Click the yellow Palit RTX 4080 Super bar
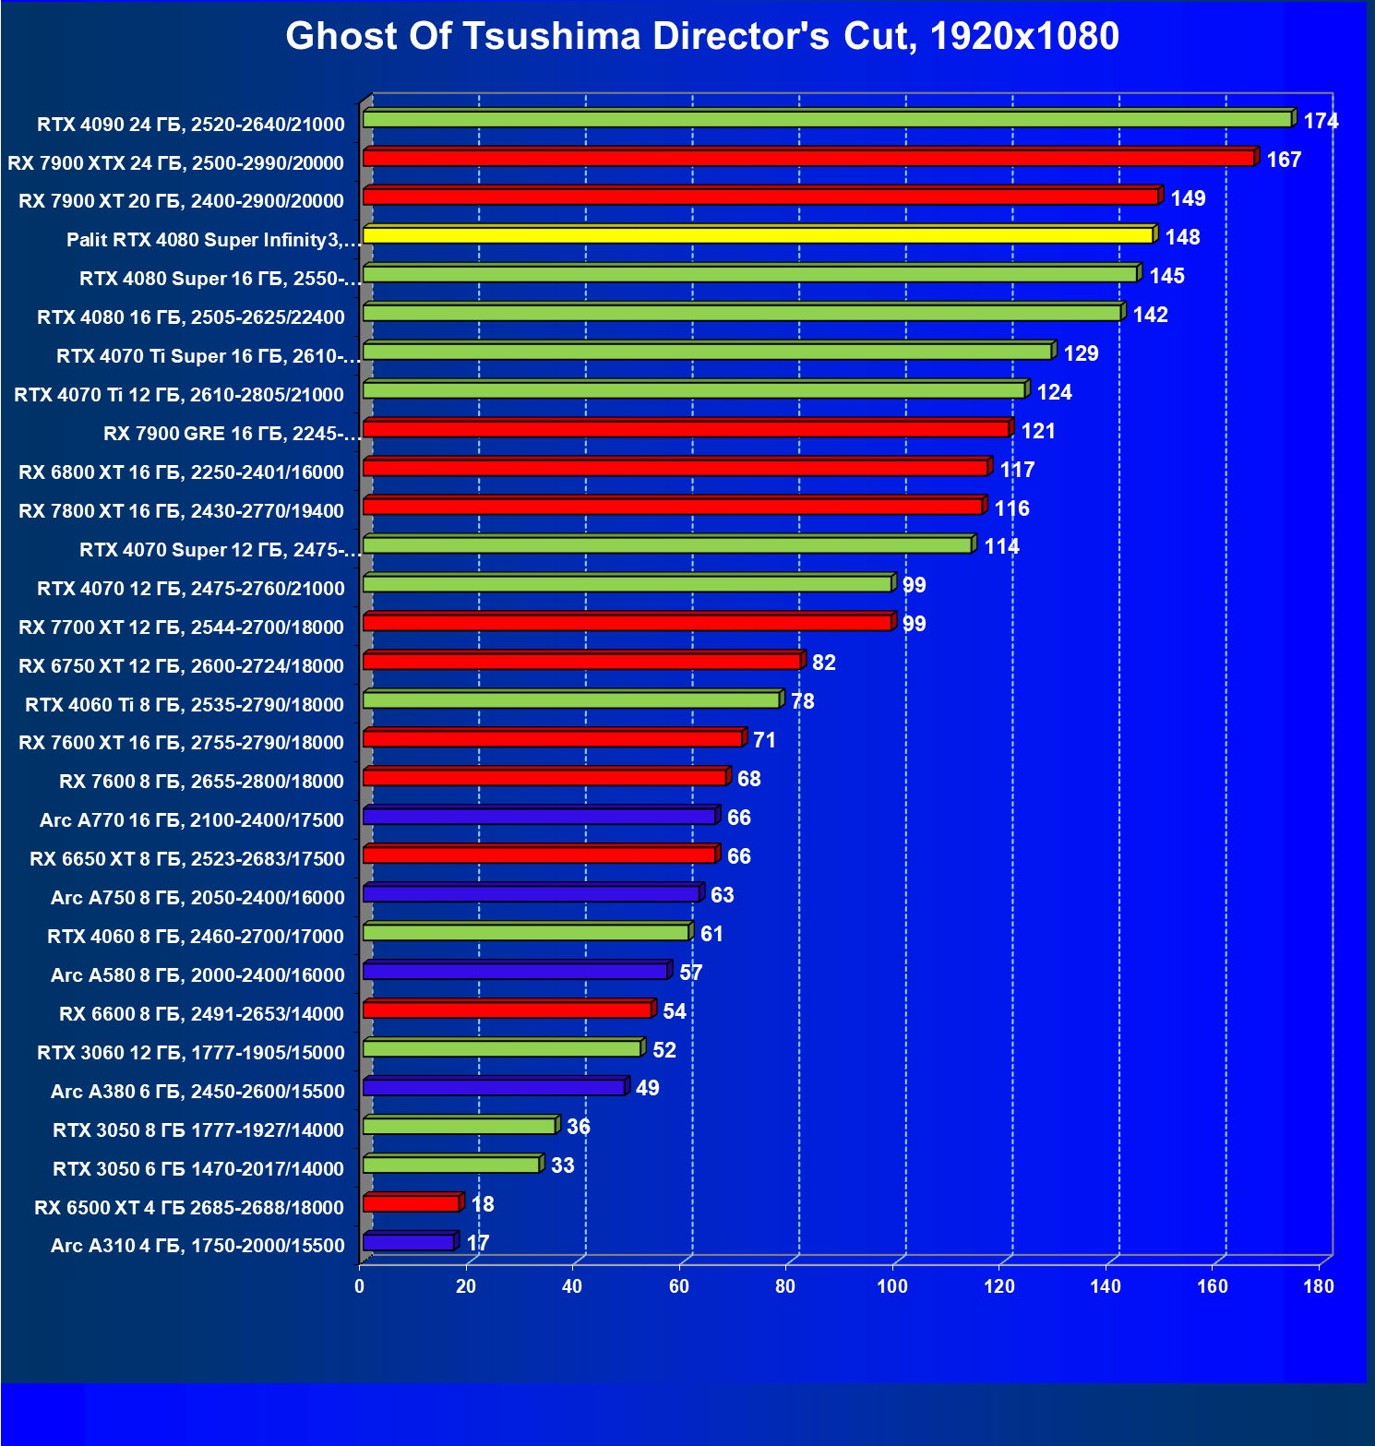click(x=757, y=236)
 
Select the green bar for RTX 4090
click(x=827, y=120)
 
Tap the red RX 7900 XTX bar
click(x=808, y=159)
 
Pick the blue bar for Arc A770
click(x=539, y=817)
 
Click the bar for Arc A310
click(x=409, y=1243)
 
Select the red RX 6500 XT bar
click(x=412, y=1204)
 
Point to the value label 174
click(x=1321, y=121)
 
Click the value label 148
click(x=1182, y=237)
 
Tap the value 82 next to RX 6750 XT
click(x=823, y=663)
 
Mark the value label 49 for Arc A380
click(x=647, y=1088)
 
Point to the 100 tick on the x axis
click(x=892, y=1286)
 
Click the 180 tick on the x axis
click(x=1319, y=1286)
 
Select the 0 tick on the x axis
click(x=360, y=1286)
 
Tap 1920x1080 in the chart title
click(x=1024, y=37)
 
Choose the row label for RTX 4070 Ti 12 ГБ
click(x=179, y=395)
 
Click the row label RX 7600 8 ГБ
click(x=201, y=782)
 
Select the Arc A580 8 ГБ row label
click(x=197, y=975)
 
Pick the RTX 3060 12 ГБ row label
click(x=190, y=1053)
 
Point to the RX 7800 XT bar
click(x=673, y=507)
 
